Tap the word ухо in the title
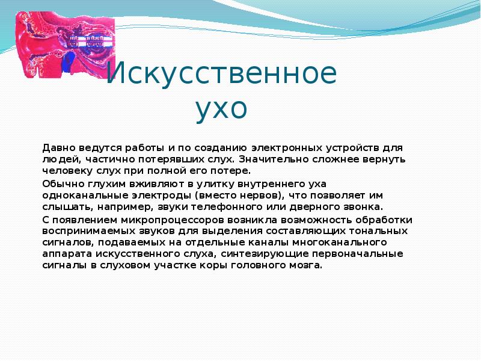pyautogui.click(x=221, y=110)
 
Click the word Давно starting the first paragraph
pyautogui.click(x=58, y=147)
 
